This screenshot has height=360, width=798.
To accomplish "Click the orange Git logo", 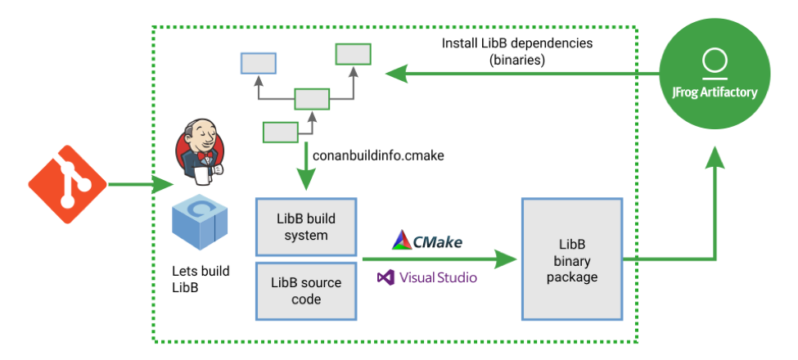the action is click(x=68, y=185).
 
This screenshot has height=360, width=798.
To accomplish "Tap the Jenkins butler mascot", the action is click(x=200, y=150).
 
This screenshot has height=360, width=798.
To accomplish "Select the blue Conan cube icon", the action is click(x=200, y=221).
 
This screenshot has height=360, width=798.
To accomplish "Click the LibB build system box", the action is click(x=306, y=227).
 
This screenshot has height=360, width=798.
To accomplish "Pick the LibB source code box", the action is click(x=306, y=290).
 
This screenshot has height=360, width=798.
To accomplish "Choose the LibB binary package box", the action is click(x=572, y=259).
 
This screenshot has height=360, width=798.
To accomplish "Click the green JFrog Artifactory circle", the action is click(x=715, y=74).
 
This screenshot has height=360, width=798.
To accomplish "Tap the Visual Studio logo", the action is click(x=427, y=277).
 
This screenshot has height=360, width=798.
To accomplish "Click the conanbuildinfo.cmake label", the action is click(x=378, y=155).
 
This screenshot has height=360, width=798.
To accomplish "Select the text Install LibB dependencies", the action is click(x=516, y=43).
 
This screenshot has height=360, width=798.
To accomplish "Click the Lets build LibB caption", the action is click(x=201, y=279).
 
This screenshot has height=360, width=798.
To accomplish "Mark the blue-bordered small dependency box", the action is click(x=258, y=64).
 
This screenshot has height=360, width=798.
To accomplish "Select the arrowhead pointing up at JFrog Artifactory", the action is click(x=715, y=158).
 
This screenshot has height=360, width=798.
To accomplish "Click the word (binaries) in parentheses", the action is click(x=517, y=60).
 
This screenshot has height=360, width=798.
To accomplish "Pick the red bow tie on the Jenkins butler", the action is click(x=205, y=155).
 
